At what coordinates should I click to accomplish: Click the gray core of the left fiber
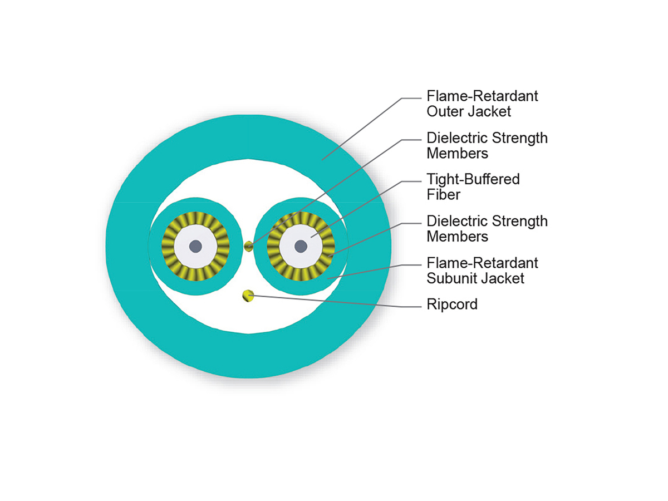(x=195, y=245)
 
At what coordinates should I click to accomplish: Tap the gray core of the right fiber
(x=301, y=245)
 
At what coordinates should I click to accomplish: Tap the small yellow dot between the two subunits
(x=249, y=246)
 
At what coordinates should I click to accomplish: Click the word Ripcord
(x=452, y=304)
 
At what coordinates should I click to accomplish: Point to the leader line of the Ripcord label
(x=334, y=301)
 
